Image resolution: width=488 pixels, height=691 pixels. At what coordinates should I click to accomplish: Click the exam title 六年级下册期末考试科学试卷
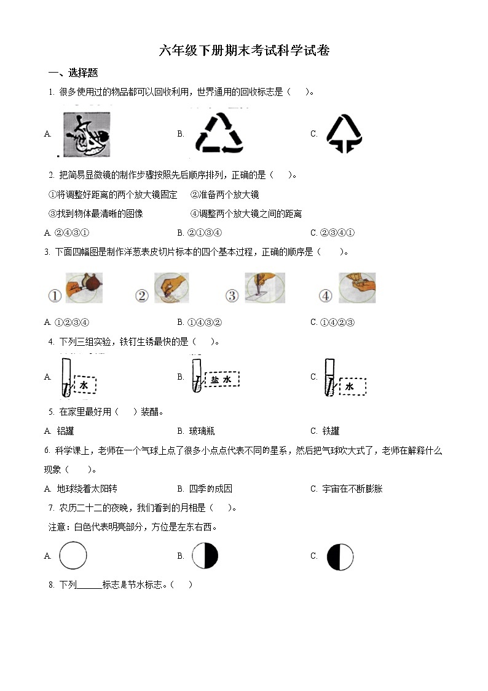(x=244, y=50)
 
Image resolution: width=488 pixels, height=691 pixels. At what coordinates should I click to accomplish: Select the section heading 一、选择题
(x=73, y=73)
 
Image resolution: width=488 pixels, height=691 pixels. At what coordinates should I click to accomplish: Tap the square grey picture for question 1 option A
(x=87, y=134)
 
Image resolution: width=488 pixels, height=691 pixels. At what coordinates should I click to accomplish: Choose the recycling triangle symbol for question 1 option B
(x=219, y=133)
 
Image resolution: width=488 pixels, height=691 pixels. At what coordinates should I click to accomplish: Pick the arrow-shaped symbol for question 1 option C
(x=344, y=134)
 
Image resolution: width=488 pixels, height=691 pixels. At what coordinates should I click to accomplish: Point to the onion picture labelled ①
(x=84, y=288)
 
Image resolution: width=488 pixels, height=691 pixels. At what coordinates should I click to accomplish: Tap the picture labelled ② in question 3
(x=171, y=288)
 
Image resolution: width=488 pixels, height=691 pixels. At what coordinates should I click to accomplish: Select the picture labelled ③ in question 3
(x=265, y=288)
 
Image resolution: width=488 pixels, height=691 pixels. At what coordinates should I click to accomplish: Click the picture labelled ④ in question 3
(x=357, y=288)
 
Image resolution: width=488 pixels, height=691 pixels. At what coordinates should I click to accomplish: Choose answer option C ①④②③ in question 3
(x=333, y=322)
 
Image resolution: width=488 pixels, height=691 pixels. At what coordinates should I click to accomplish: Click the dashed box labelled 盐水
(x=222, y=380)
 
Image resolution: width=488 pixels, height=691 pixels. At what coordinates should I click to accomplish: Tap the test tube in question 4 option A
(x=66, y=377)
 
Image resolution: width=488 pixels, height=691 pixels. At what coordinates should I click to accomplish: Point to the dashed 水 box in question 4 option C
(x=351, y=386)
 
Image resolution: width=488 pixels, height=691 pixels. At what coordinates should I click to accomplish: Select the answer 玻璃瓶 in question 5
(x=196, y=431)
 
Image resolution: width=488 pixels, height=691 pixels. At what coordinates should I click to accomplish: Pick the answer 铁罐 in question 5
(x=325, y=431)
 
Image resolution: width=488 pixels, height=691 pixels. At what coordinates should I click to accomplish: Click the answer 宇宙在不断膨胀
(x=346, y=489)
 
